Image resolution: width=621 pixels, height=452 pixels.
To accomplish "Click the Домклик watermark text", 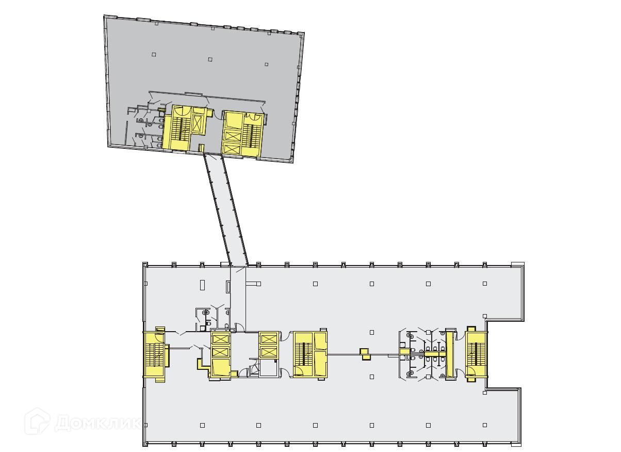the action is point(97,423).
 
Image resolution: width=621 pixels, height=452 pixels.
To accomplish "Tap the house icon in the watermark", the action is point(37,421).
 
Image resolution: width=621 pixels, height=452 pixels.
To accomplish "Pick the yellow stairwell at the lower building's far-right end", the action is point(476,354).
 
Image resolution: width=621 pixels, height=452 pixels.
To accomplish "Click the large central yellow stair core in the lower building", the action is point(310,354).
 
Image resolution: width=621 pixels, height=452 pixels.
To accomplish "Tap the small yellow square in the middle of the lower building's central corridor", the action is point(365,354).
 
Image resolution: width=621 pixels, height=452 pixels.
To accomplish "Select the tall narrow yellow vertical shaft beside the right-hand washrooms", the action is point(449,354).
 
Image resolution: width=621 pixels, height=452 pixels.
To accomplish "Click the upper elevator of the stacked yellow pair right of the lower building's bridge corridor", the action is point(268,339).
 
